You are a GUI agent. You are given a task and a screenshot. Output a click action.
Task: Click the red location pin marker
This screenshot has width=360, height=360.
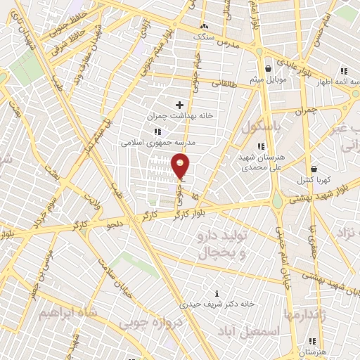181,166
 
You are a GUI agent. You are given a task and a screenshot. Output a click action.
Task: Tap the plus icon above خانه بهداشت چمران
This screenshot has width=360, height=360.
179,105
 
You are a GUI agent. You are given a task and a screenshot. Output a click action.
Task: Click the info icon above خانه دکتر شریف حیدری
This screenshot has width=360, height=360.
217,293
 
